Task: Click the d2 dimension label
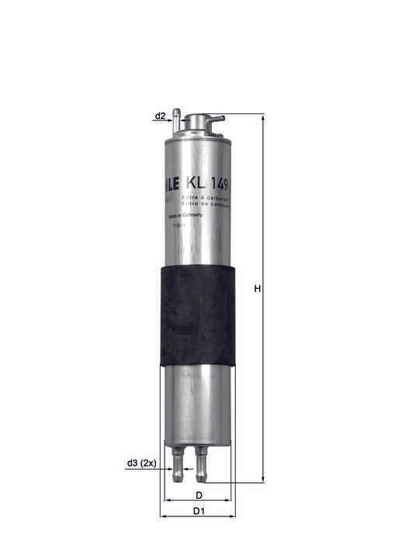pyautogui.click(x=160, y=116)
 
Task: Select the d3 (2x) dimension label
pyautogui.click(x=141, y=464)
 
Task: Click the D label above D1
pyautogui.click(x=199, y=495)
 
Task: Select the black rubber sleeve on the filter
pyautogui.click(x=198, y=314)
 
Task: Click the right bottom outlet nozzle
pyautogui.click(x=203, y=464)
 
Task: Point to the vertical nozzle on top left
pyautogui.click(x=177, y=118)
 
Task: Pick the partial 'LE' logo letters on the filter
pyautogui.click(x=172, y=184)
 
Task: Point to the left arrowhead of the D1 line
pyautogui.click(x=162, y=517)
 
